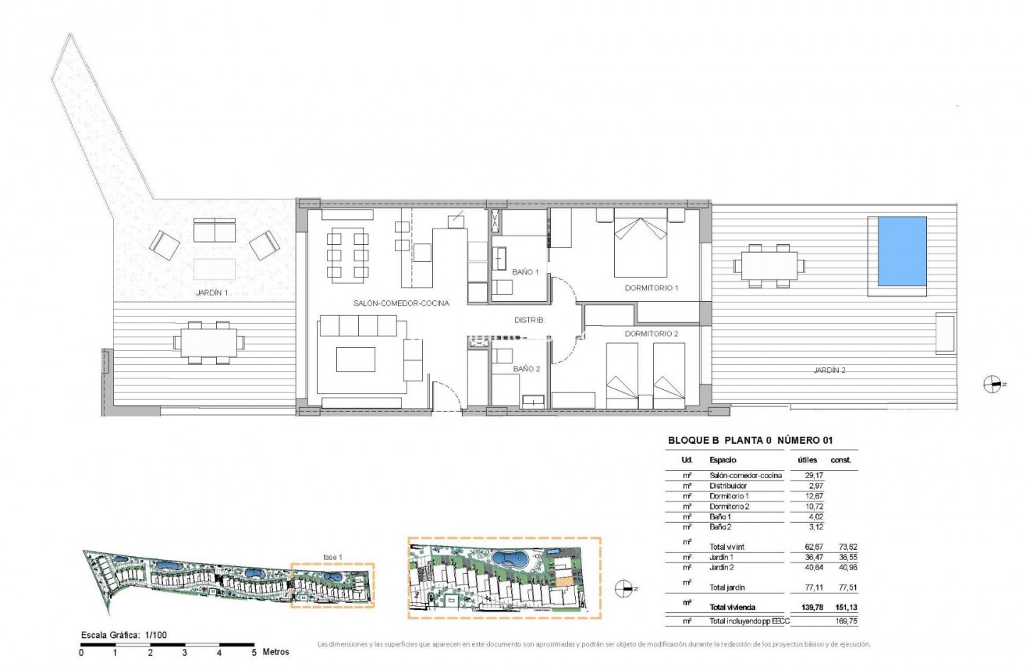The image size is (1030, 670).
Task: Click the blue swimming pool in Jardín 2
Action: pyautogui.click(x=902, y=251)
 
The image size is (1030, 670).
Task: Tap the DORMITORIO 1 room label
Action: pyautogui.click(x=652, y=288)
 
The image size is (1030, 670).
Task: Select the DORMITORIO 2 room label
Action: pyautogui.click(x=652, y=333)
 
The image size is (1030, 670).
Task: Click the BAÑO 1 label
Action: pyautogui.click(x=525, y=272)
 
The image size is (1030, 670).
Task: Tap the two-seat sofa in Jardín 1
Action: pyautogui.click(x=214, y=230)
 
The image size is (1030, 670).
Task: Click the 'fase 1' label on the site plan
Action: pyautogui.click(x=332, y=556)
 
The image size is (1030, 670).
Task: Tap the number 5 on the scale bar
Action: pyautogui.click(x=254, y=652)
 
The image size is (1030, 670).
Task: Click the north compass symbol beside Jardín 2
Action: pyautogui.click(x=993, y=384)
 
